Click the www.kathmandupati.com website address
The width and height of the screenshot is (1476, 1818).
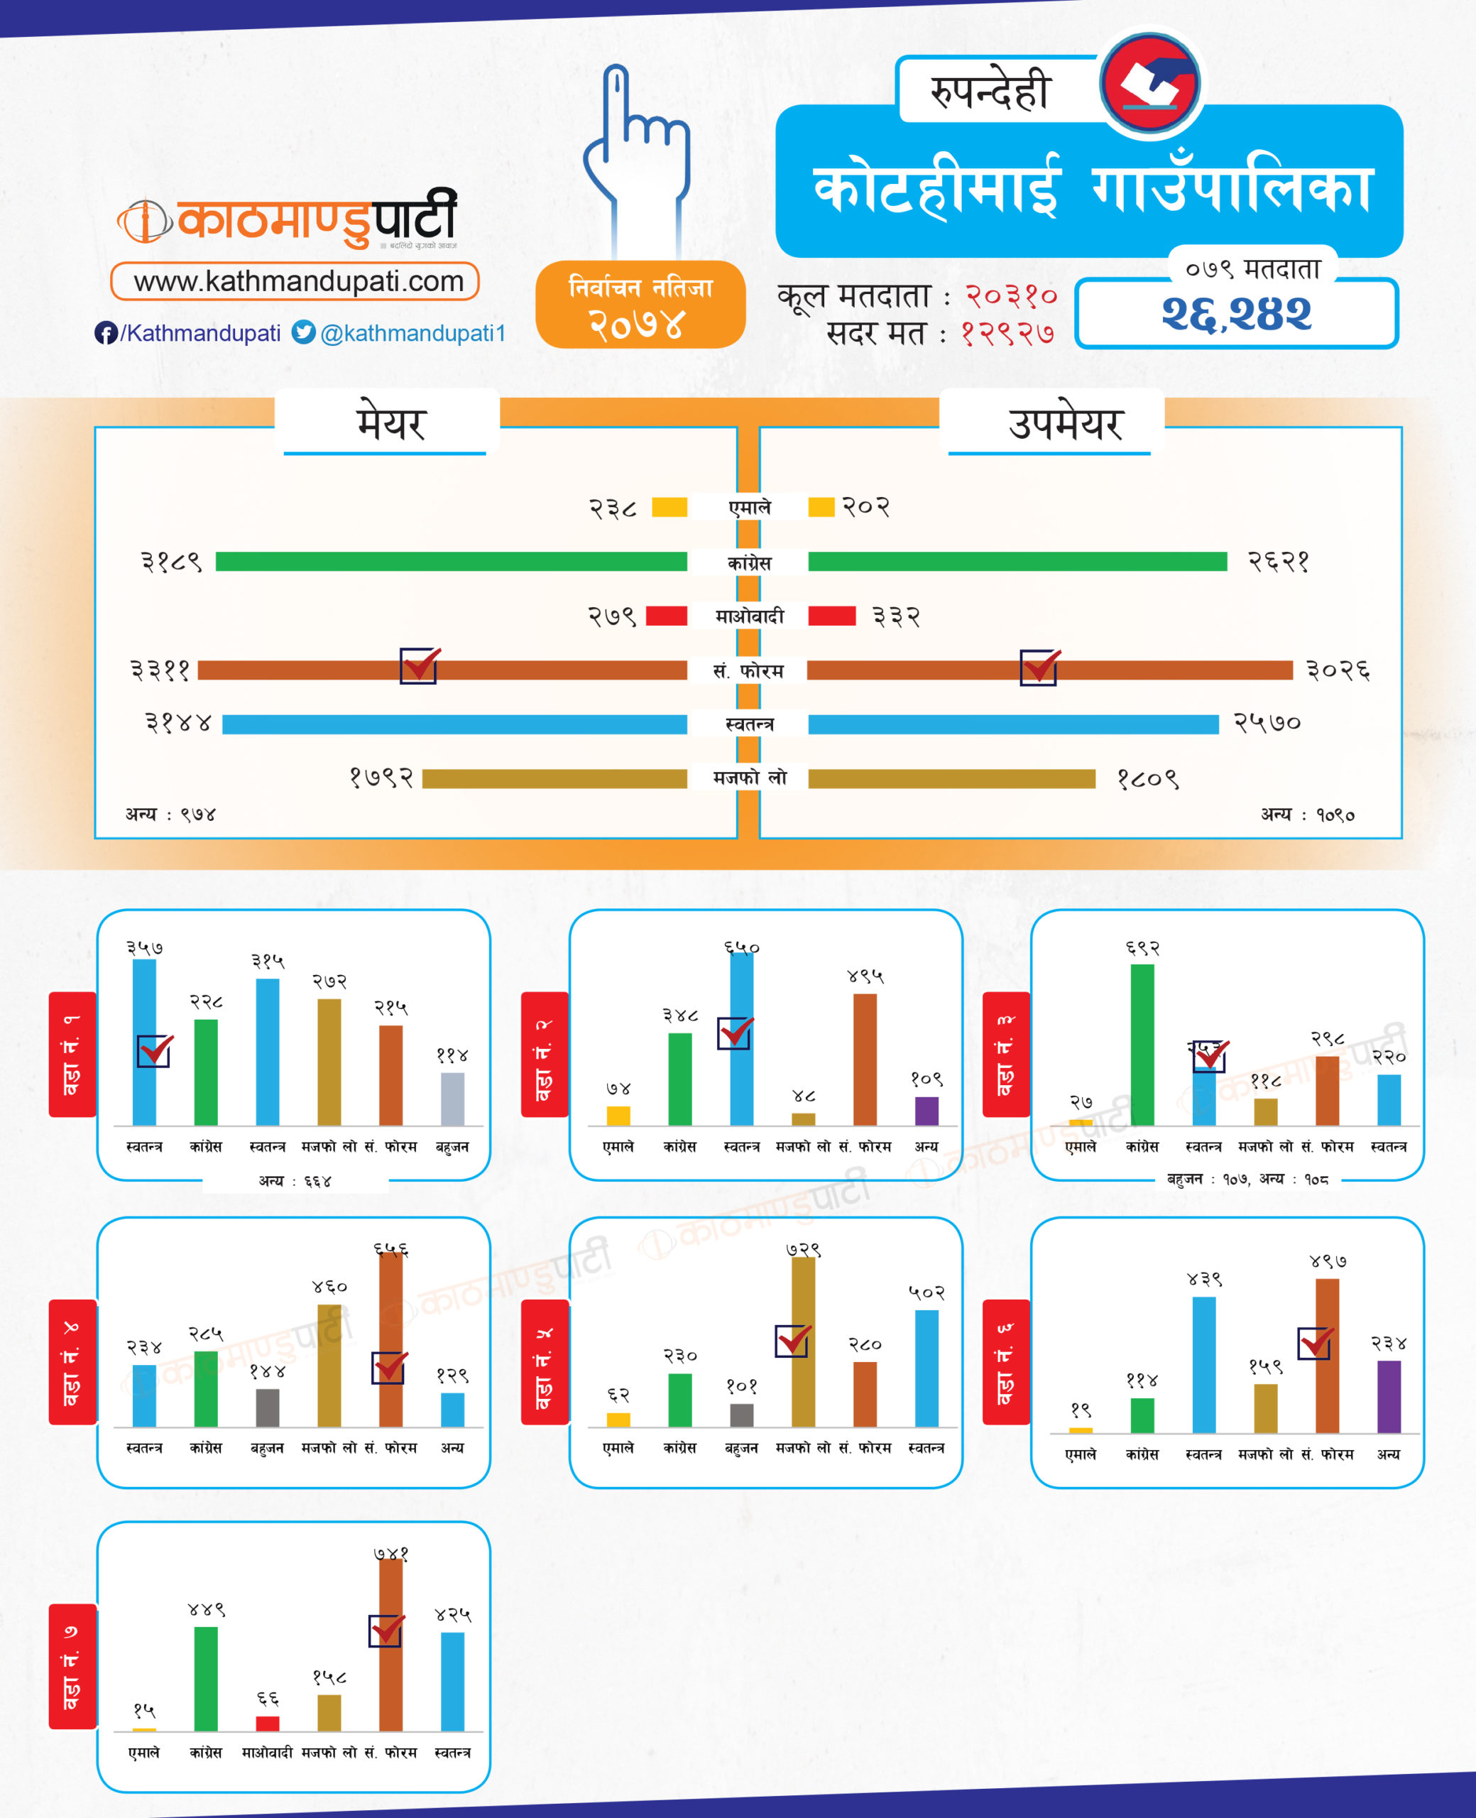click(297, 281)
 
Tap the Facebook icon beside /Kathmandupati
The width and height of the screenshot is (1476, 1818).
click(105, 333)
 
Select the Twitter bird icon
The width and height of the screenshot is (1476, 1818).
click(304, 332)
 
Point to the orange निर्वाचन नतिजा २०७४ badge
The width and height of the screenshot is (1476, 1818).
click(640, 305)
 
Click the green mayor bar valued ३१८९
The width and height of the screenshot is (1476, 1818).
click(451, 561)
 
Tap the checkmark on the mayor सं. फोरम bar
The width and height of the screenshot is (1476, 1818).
click(419, 666)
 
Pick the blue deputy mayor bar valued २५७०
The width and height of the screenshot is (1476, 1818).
click(1012, 724)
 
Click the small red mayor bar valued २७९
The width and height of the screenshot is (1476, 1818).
click(667, 616)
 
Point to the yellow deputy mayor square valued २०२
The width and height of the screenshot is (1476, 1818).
click(821, 507)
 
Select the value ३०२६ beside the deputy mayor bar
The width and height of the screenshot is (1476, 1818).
click(1338, 671)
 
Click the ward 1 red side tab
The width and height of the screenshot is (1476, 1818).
click(72, 1054)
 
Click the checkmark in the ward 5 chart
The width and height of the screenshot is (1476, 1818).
click(792, 1341)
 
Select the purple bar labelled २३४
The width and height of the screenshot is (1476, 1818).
click(1389, 1396)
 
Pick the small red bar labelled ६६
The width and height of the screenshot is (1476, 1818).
click(268, 1723)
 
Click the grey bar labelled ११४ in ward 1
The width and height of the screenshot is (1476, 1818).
click(452, 1099)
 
